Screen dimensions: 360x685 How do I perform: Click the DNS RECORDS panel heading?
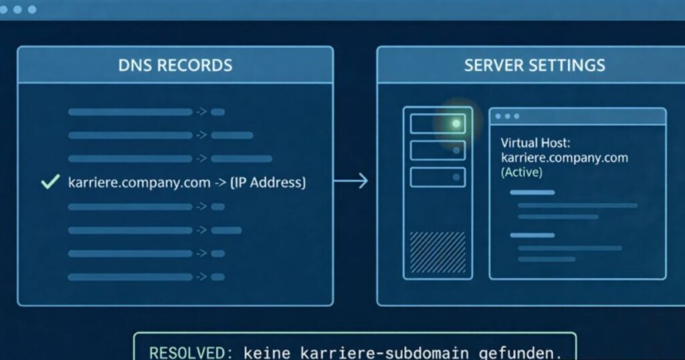175,65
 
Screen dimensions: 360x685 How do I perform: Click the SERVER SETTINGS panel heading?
534,65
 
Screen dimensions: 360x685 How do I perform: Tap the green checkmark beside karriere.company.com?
50,181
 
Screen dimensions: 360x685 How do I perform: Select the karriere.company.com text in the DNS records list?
139,182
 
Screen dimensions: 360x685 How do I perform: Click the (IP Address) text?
268,182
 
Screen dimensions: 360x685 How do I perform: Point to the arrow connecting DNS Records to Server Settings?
351,181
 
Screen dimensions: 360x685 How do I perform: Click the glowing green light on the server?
456,124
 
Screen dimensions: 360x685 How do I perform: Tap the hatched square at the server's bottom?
437,252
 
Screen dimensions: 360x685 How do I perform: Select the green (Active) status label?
522,172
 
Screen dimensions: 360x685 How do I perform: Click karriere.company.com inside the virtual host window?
565,158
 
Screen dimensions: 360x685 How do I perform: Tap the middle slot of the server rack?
437,151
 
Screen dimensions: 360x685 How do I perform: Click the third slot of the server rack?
437,177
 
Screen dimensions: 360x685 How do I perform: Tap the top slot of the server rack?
437,124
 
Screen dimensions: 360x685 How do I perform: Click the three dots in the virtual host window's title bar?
507,116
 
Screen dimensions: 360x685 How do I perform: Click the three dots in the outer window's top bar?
17,9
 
